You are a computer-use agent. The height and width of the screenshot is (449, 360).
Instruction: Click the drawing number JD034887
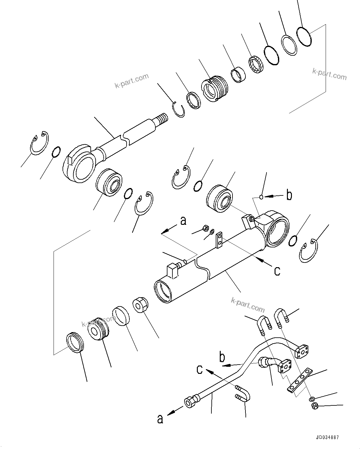(327, 437)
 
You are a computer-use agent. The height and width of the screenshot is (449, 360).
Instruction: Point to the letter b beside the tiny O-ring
(289, 195)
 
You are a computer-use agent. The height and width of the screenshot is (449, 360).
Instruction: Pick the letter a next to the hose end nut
(160, 419)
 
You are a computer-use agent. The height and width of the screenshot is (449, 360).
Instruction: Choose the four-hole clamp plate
(300, 380)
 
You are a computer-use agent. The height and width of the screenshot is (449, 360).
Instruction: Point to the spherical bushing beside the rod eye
(108, 182)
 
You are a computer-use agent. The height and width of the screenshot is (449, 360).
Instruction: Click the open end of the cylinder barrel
(164, 291)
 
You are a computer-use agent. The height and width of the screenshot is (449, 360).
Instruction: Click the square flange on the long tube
(302, 352)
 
